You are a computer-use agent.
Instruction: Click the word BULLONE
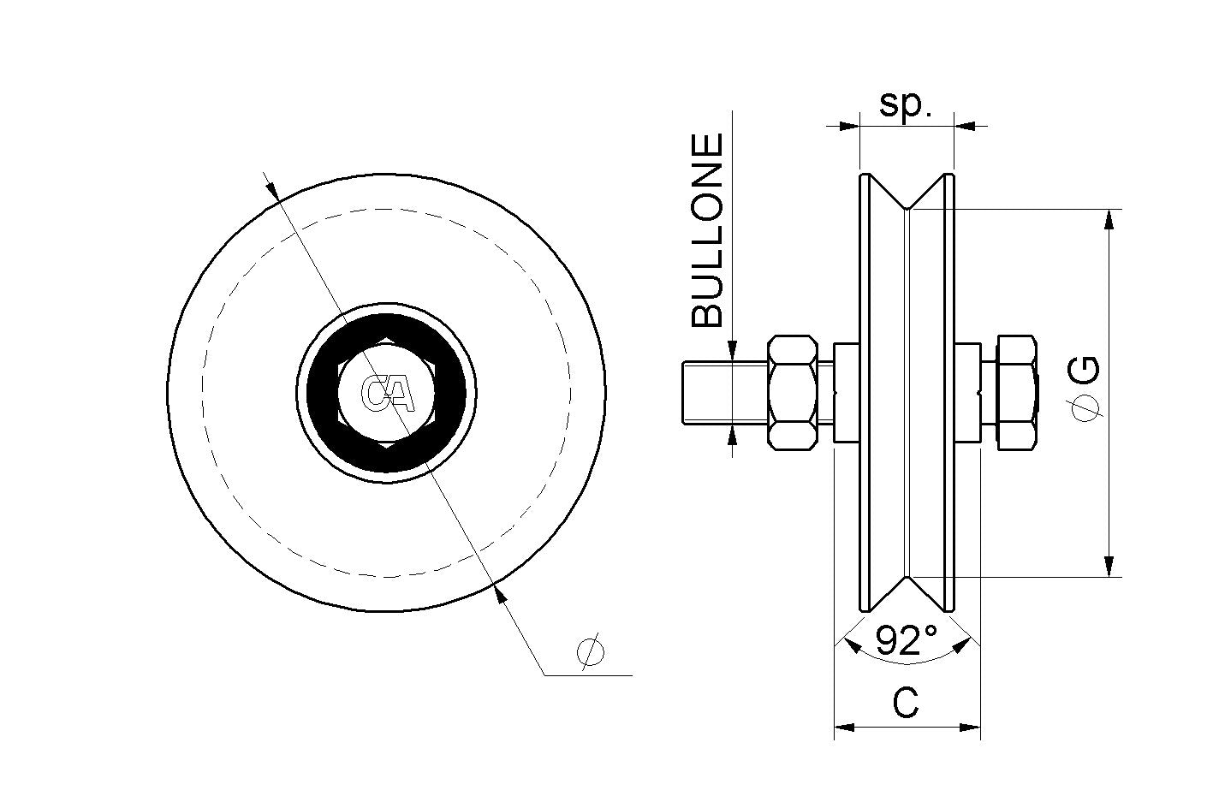coord(708,231)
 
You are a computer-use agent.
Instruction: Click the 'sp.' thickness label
coord(905,104)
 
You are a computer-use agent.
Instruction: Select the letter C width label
coord(906,704)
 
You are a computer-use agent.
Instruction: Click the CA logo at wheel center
coord(387,393)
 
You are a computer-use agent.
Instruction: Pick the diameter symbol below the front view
coord(591,651)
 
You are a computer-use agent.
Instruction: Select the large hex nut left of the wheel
coord(792,392)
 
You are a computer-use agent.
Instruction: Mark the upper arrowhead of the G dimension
coord(1109,218)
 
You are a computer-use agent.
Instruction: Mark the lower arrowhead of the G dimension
coord(1109,567)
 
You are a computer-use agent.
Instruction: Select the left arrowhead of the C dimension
coord(844,728)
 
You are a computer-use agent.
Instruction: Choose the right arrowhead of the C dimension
coord(970,728)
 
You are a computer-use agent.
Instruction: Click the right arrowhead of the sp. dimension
coord(964,126)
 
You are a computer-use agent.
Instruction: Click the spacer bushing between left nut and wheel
coord(846,392)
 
